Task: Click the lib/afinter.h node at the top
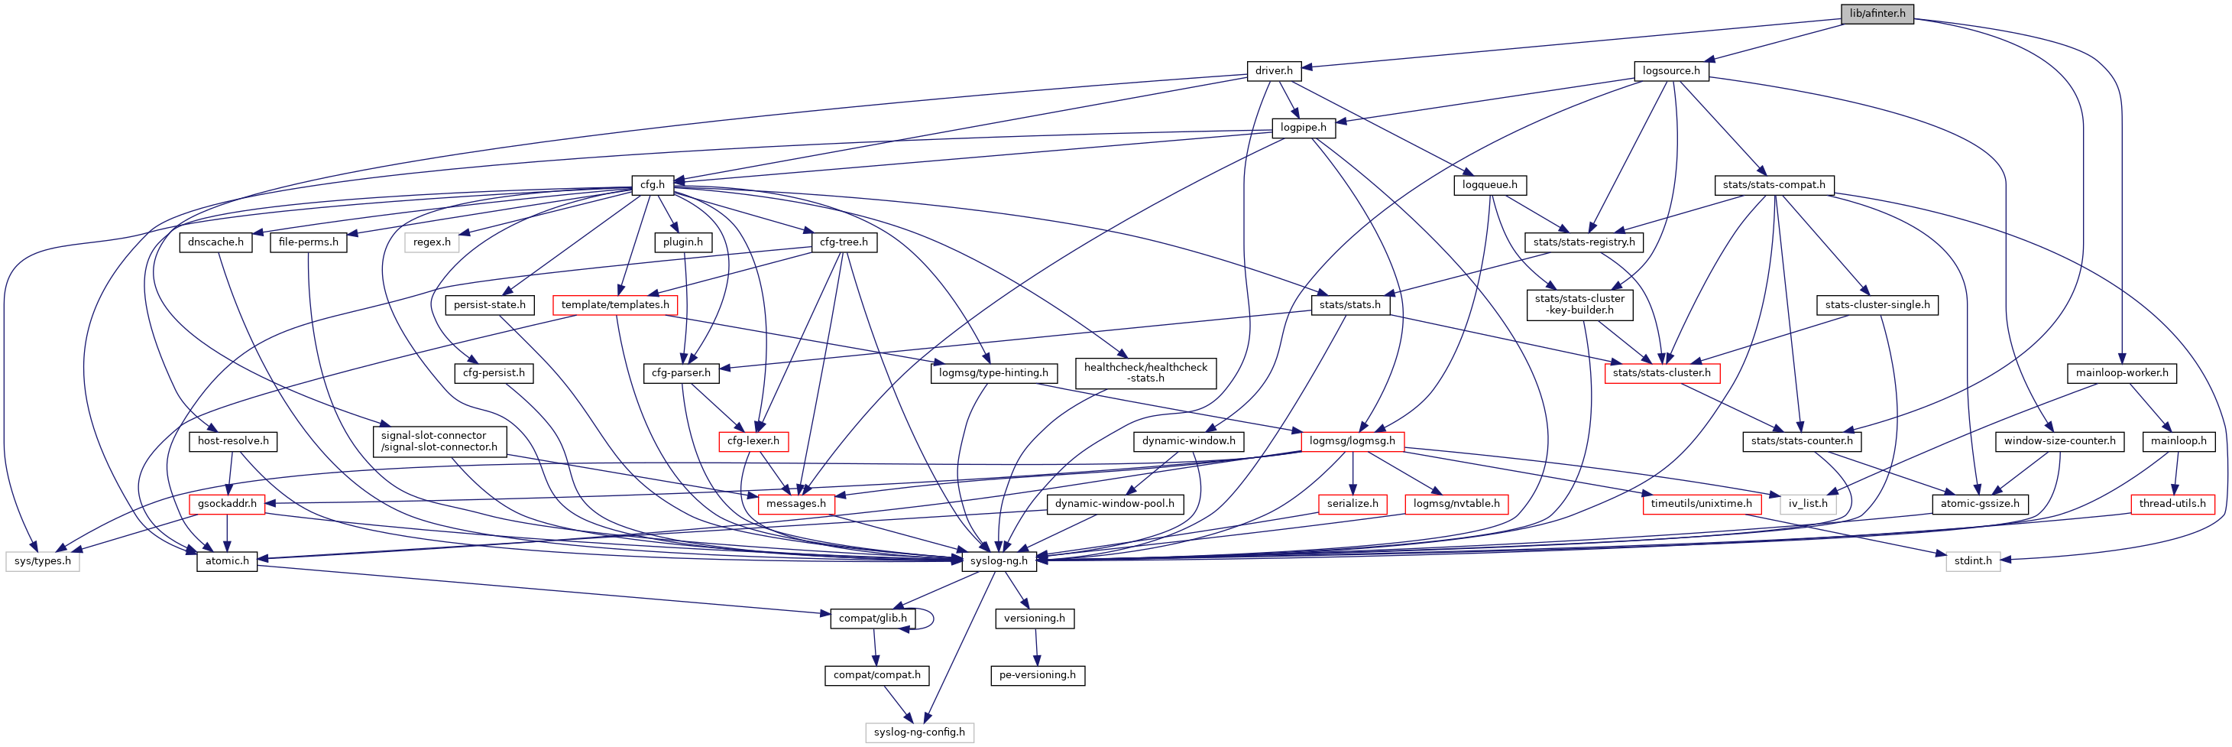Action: click(1877, 13)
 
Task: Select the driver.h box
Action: click(1273, 70)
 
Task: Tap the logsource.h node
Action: click(1670, 70)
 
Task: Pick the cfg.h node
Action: click(652, 184)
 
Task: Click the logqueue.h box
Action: click(1489, 184)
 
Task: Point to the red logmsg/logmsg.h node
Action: click(1352, 441)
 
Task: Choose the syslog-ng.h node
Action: click(998, 560)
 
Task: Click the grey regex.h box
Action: click(432, 242)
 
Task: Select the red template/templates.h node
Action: click(614, 305)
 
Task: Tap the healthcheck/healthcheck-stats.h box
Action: click(1145, 372)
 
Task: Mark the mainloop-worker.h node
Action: click(2121, 372)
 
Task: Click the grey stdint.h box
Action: click(1973, 560)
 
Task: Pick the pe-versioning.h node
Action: click(1036, 675)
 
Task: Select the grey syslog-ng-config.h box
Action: click(918, 732)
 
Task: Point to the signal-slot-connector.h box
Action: click(439, 441)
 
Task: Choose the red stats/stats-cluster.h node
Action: click(1661, 372)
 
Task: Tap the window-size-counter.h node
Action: click(2059, 441)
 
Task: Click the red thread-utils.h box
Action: click(2172, 504)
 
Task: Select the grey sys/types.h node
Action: click(43, 560)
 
